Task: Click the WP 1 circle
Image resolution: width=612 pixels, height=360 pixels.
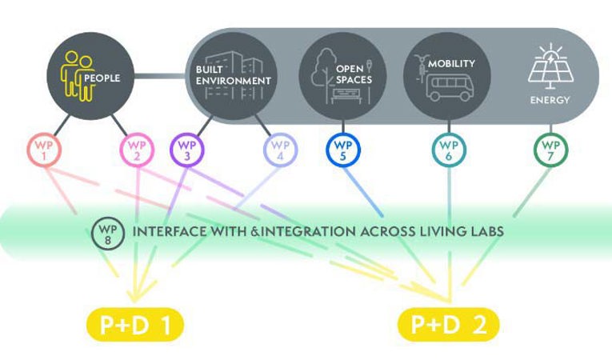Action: (44, 149)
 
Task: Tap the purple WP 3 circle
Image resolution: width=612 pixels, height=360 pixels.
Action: (187, 149)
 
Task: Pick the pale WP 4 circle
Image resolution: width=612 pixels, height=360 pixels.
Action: (280, 149)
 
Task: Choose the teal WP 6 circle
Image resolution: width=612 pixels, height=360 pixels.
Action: (450, 149)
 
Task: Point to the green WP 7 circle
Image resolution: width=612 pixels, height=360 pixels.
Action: (550, 149)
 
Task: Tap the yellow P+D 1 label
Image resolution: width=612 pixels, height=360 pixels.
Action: (135, 325)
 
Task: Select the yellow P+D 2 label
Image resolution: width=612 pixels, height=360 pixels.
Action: (448, 325)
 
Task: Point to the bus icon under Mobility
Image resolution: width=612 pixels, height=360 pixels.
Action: (449, 87)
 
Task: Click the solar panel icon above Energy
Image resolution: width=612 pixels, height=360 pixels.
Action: (550, 67)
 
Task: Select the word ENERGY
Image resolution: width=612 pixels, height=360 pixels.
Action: (550, 101)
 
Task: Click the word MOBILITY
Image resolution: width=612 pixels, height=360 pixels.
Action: (451, 63)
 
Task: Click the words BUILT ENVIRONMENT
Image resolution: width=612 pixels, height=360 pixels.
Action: (231, 76)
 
